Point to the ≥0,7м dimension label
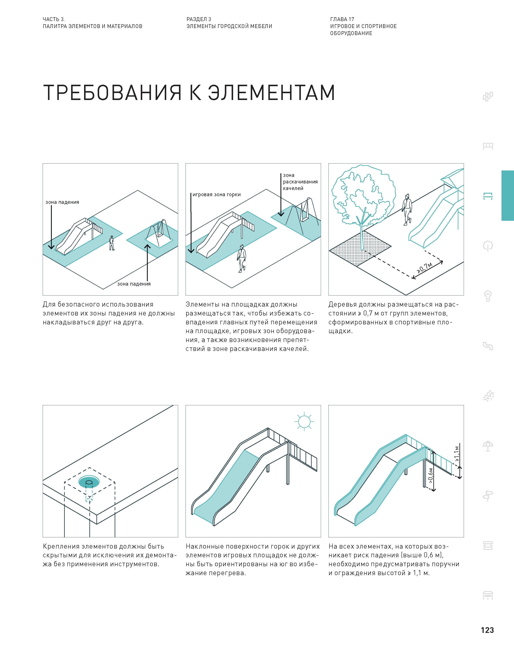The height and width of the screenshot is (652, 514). (x=425, y=267)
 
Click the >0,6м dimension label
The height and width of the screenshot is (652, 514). (x=431, y=475)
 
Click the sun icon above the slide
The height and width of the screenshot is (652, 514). (x=304, y=421)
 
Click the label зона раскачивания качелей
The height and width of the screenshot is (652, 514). (x=300, y=182)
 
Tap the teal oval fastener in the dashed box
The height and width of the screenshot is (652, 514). (x=89, y=482)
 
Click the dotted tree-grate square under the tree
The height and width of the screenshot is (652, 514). (x=360, y=249)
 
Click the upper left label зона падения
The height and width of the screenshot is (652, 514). (x=62, y=202)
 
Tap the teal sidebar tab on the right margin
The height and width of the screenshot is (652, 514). (x=507, y=196)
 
